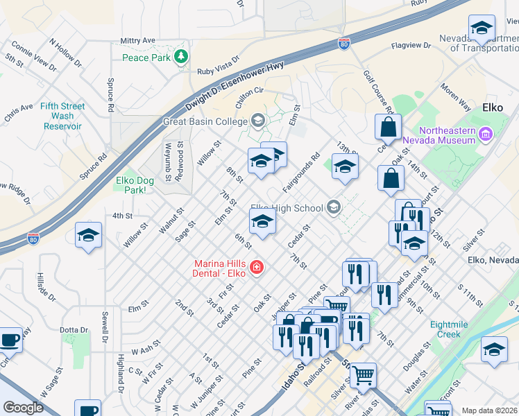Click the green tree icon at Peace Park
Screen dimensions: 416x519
tap(182, 57)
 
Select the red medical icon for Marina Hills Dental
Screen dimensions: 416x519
tap(256, 267)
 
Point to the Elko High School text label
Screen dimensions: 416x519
tap(287, 208)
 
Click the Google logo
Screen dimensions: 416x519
tap(24, 408)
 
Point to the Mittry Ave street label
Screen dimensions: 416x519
tap(137, 41)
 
